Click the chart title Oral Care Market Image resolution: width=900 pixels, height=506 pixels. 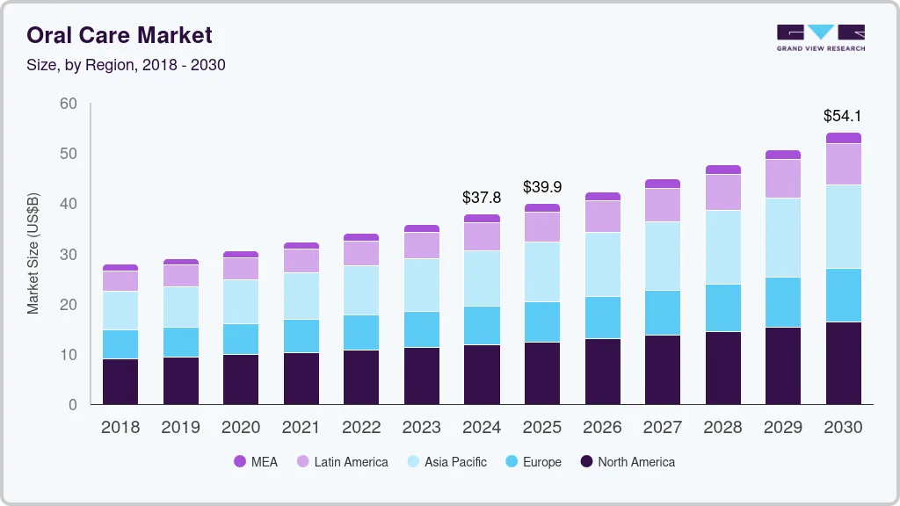120,35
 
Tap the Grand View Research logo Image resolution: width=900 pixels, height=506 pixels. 821,38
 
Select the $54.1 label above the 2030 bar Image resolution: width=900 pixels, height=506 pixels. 842,115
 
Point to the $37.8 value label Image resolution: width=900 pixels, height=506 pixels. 482,198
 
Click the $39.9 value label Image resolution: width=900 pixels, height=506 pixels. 541,187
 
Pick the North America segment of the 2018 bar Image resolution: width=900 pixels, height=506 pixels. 120,381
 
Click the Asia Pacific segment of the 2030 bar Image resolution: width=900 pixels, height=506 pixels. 843,227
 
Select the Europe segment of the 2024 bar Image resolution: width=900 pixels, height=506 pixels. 482,325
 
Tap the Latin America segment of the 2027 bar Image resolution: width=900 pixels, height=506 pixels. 662,205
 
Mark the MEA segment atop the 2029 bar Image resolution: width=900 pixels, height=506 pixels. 782,155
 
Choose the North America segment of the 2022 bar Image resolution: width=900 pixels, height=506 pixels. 361,377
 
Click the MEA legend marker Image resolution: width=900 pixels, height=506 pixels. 240,461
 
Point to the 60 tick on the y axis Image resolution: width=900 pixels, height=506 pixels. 68,104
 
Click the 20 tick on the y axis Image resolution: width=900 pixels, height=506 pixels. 68,305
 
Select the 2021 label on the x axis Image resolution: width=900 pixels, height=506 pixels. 301,428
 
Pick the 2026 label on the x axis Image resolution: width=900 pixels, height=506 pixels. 602,428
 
